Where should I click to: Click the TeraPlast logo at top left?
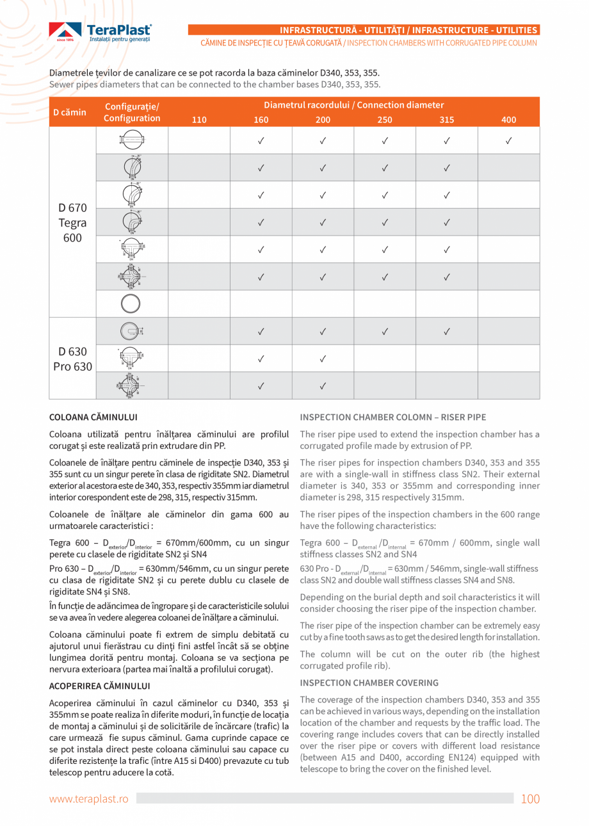101,31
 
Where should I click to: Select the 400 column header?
508,119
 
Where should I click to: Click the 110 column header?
199,119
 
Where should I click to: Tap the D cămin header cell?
70,112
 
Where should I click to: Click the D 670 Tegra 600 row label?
72,223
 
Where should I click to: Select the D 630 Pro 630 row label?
72,359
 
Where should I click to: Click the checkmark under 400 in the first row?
508,140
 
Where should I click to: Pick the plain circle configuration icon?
131,304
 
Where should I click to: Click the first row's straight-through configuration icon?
131,140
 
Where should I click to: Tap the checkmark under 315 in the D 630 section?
446,331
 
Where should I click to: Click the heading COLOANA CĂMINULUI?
93,417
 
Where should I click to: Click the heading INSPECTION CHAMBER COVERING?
369,683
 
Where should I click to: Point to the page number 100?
530,798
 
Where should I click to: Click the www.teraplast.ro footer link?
89,798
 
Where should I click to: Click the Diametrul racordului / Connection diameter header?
353,105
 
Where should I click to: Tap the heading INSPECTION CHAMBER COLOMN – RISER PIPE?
392,417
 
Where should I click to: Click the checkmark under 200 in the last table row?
323,385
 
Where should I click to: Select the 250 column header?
385,119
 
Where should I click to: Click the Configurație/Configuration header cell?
132,112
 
